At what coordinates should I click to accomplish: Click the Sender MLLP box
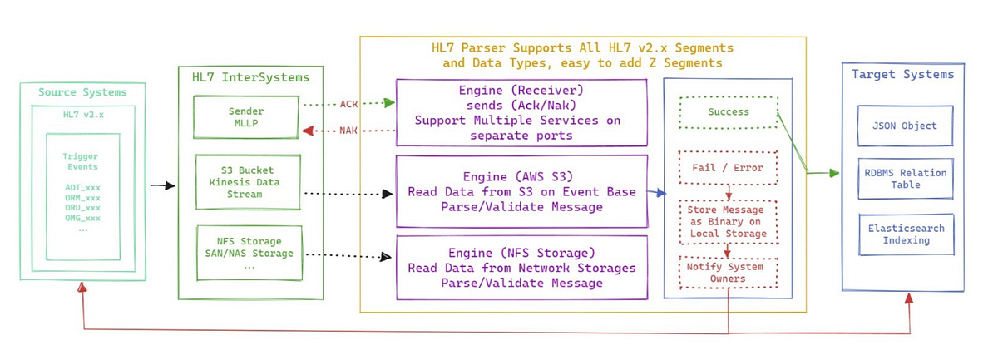coord(245,117)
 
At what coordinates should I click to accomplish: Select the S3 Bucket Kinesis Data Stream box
coord(245,182)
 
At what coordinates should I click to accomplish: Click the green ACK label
coord(349,104)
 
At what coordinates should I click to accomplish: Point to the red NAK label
coord(349,131)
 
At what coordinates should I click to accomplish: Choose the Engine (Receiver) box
coord(521,111)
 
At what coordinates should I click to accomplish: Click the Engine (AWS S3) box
coord(521,191)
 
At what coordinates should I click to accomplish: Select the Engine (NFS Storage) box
coord(521,268)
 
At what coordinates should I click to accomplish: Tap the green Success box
coord(728,112)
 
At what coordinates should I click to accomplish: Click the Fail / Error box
coord(728,167)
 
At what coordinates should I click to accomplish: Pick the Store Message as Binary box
coord(728,222)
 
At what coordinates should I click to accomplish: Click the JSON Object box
coord(905,126)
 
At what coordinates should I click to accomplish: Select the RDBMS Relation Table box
coord(905,179)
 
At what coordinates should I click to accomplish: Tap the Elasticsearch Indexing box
coord(905,234)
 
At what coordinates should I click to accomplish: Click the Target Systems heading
coord(902,74)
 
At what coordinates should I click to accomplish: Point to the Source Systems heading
coord(82,92)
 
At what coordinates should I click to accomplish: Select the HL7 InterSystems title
coord(249,77)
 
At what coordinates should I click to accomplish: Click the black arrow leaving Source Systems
coord(162,185)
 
